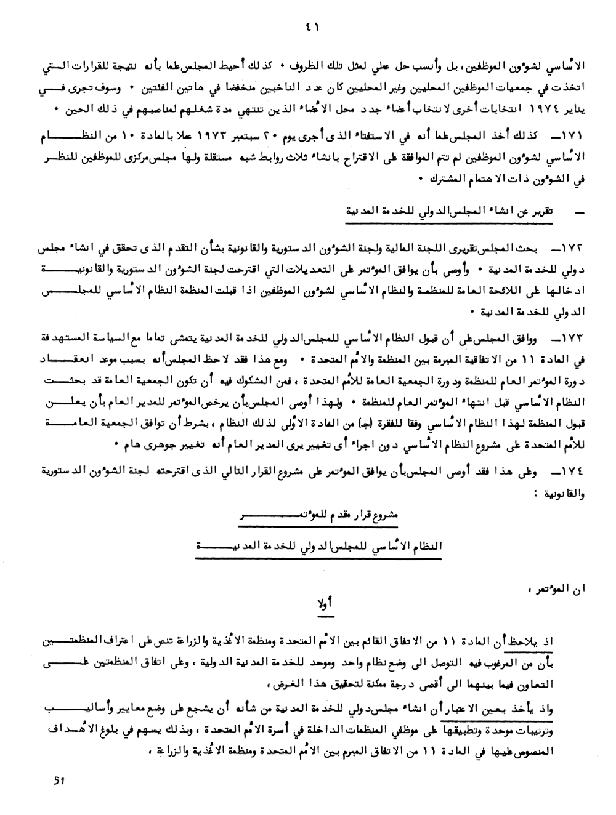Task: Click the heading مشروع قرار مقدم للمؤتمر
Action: pyautogui.click(x=320, y=517)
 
